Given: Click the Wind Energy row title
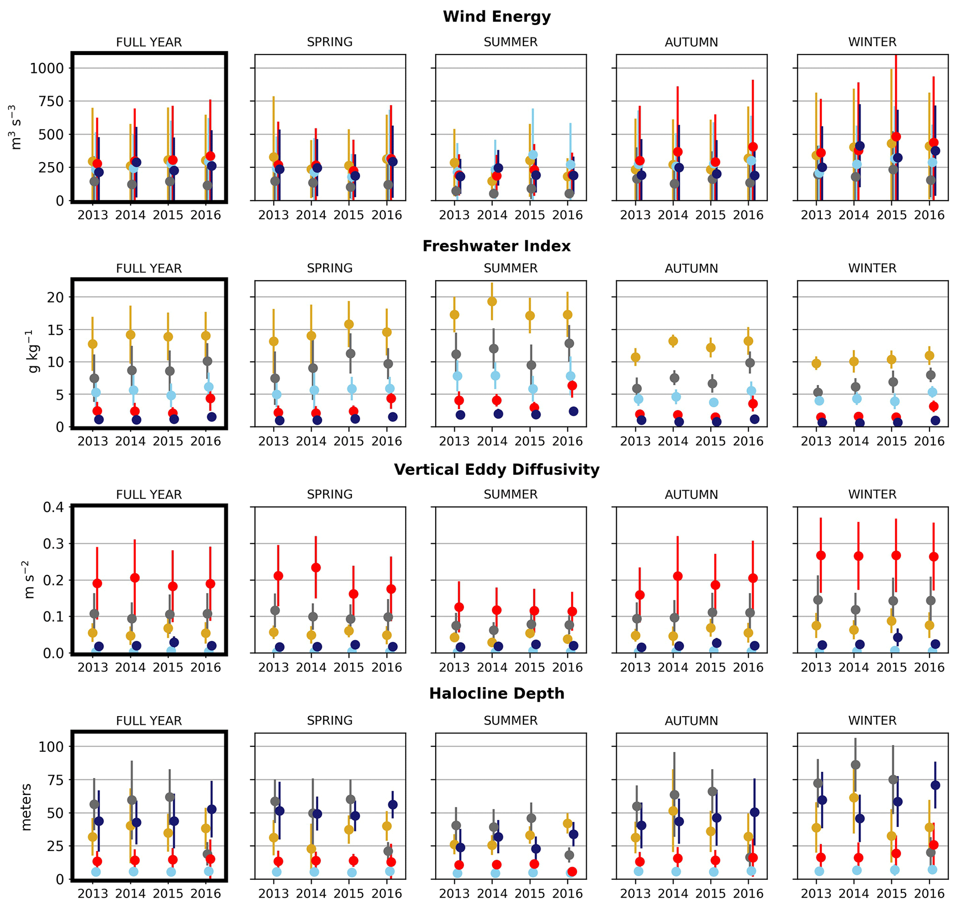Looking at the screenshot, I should point(496,17).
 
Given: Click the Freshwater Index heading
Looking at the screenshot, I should point(496,246).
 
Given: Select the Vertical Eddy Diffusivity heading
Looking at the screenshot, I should point(496,469).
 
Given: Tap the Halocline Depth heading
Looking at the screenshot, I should point(496,694).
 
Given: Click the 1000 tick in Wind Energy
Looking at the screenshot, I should point(46,68).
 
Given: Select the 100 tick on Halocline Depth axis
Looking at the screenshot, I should point(51,747).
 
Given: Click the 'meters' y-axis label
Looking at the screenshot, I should point(26,807).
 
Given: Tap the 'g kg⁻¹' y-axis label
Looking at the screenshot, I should point(32,352).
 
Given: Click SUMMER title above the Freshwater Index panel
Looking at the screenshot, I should point(510,268).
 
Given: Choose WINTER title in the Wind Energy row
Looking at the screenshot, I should point(872,42).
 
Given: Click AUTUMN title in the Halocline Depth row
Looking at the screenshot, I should point(691,721).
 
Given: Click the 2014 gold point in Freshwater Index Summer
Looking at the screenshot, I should point(492,302).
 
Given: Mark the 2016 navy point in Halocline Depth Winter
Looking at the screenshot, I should point(935,786).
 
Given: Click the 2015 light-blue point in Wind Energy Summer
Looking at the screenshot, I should point(533,155).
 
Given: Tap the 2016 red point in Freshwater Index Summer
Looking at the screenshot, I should point(572,386).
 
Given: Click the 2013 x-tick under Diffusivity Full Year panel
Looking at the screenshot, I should point(93,668).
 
